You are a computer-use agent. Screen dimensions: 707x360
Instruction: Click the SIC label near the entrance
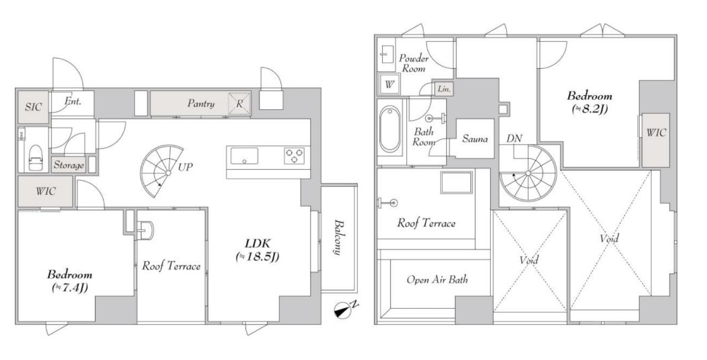pyautogui.click(x=33, y=107)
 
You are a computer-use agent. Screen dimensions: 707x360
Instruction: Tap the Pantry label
pyautogui.click(x=201, y=104)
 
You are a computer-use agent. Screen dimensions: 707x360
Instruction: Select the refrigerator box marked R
pyautogui.click(x=239, y=104)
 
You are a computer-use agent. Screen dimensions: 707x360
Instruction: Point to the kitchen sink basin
pyautogui.click(x=245, y=156)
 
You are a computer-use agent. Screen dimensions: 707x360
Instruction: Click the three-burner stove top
pyautogui.click(x=294, y=156)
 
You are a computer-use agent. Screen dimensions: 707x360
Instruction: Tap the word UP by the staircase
pyautogui.click(x=185, y=167)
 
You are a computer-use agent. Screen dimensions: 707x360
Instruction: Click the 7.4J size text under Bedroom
pyautogui.click(x=70, y=287)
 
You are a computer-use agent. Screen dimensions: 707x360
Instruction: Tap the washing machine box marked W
pyautogui.click(x=389, y=84)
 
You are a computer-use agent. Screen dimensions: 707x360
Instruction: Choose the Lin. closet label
pyautogui.click(x=443, y=88)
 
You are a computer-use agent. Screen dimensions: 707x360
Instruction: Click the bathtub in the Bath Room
pyautogui.click(x=390, y=129)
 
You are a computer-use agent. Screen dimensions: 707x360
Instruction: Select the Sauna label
pyautogui.click(x=474, y=138)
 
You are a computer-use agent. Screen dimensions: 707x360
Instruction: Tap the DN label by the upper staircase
pyautogui.click(x=514, y=138)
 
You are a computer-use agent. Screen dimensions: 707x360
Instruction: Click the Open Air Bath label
pyautogui.click(x=437, y=280)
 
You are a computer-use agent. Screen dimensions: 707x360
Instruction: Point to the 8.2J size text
pyautogui.click(x=590, y=109)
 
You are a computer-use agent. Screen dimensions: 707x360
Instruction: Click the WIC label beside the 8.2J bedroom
pyautogui.click(x=656, y=133)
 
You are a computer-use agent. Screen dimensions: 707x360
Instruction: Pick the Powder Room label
pyautogui.click(x=414, y=63)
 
